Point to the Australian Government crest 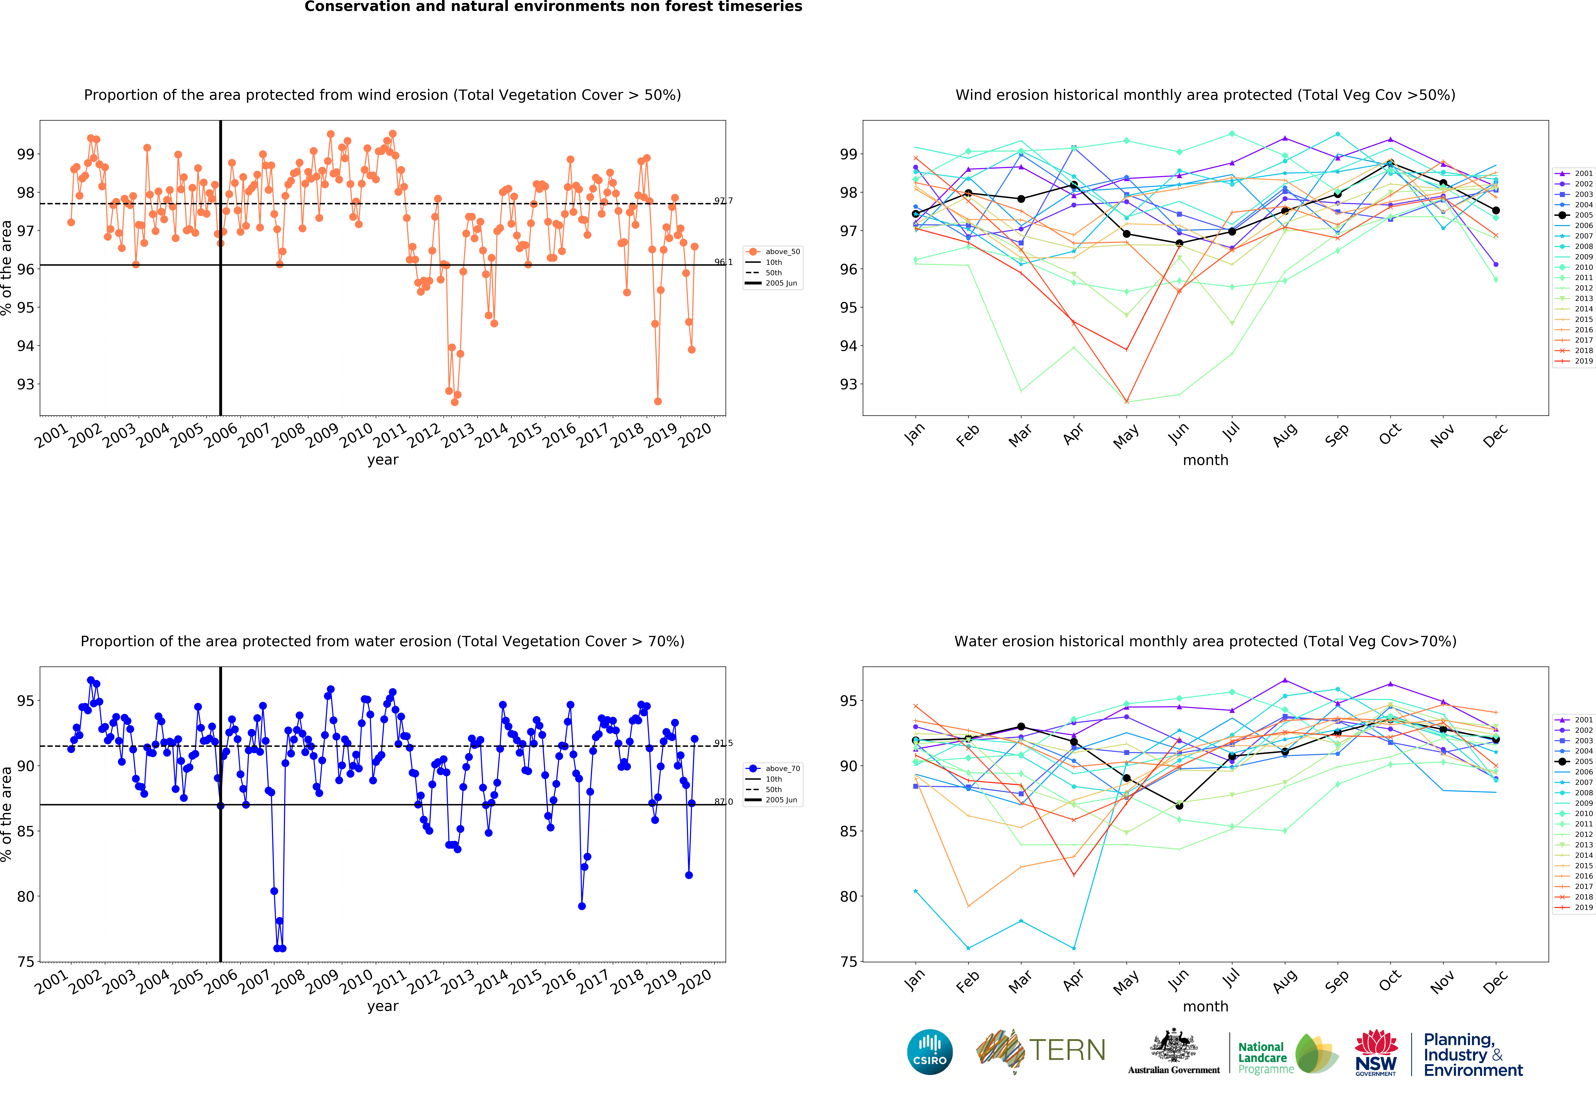coord(1174,1047)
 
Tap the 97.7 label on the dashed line coord(723,201)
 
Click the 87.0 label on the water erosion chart coord(723,801)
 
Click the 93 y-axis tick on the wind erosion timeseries coord(25,384)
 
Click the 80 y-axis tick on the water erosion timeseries coord(25,896)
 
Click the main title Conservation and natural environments coord(553,7)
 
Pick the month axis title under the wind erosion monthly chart coord(1205,460)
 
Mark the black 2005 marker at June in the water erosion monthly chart coord(1179,806)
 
